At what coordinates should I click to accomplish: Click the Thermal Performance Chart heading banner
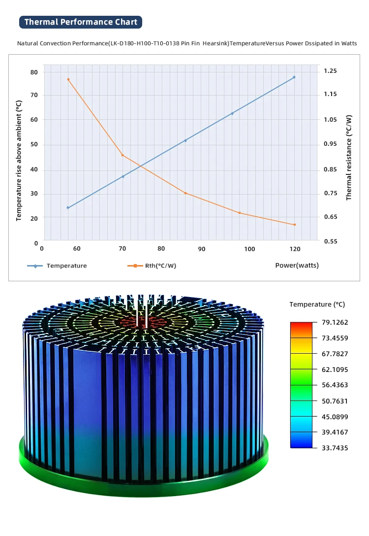[x=81, y=22]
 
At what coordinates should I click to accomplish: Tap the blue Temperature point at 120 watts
[x=294, y=77]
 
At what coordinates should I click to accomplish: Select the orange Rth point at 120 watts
[x=295, y=225]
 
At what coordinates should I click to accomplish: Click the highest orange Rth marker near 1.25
[x=68, y=79]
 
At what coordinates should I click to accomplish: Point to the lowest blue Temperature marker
[x=68, y=208]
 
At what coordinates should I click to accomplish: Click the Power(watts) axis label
[x=297, y=266]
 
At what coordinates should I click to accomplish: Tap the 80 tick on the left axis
[x=34, y=72]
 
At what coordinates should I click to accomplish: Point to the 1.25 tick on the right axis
[x=331, y=71]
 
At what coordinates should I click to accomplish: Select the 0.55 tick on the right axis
[x=331, y=242]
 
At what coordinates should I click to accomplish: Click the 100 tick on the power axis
[x=249, y=249]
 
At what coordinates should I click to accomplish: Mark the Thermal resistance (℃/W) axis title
[x=349, y=157]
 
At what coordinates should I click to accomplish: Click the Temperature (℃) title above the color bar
[x=317, y=304]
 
